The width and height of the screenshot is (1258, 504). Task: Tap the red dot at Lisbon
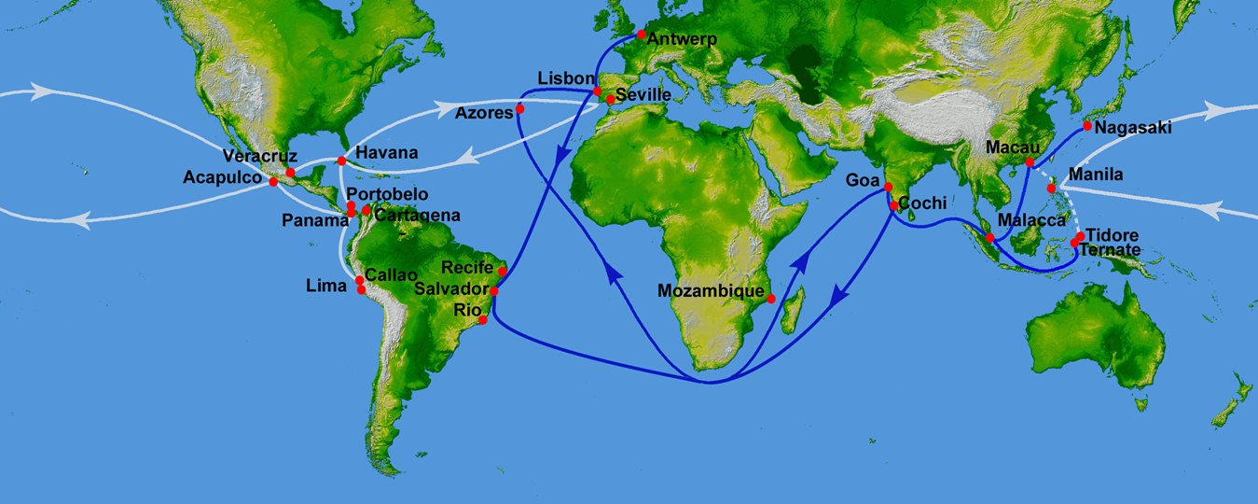(598, 91)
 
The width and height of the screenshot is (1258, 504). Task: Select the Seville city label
(644, 95)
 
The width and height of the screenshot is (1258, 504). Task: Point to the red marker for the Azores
(520, 109)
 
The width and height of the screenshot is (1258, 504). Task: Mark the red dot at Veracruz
(290, 172)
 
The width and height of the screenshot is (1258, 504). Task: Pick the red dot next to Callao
(360, 280)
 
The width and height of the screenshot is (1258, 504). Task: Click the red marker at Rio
(483, 320)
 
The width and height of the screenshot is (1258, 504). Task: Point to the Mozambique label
(710, 290)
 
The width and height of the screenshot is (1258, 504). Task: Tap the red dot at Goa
(887, 189)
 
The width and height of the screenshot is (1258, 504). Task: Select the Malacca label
(1030, 220)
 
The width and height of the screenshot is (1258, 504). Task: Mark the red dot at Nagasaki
(1087, 125)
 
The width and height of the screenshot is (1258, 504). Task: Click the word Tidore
(1112, 234)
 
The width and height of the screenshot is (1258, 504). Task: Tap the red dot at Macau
(1030, 163)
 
